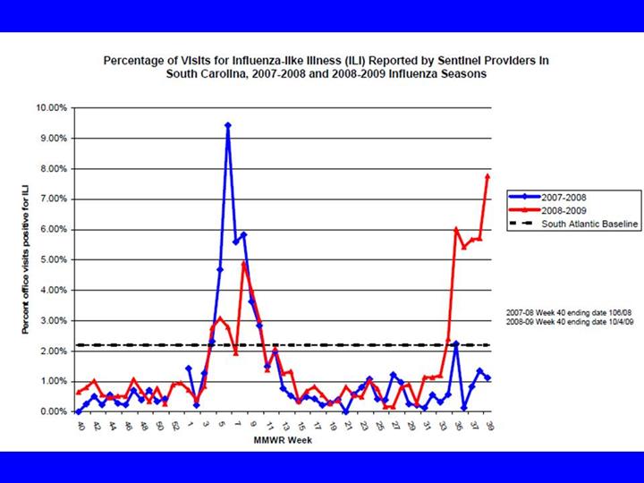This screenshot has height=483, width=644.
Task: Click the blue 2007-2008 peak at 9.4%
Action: (x=228, y=126)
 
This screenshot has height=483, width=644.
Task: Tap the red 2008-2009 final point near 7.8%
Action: (x=487, y=176)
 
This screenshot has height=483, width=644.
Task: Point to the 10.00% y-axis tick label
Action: (x=51, y=107)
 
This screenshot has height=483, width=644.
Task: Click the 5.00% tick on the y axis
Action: (x=53, y=259)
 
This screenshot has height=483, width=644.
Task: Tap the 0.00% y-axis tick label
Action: (x=53, y=411)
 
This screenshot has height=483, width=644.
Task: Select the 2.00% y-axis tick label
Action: (x=53, y=351)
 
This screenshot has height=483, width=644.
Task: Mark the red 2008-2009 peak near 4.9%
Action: (x=243, y=264)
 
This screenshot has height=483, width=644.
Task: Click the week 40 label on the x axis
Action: (x=80, y=427)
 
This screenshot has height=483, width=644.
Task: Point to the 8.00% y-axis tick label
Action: (x=53, y=168)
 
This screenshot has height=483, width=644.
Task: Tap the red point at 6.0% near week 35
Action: (x=456, y=230)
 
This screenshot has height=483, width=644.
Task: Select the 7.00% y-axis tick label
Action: (x=53, y=199)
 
